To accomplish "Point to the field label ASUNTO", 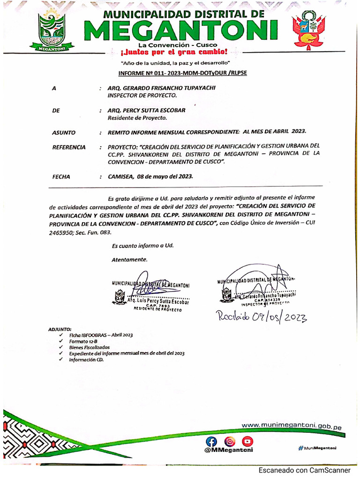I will pos(63,133).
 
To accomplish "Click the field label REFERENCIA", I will pos(68,147).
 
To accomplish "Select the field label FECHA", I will pos(61,177).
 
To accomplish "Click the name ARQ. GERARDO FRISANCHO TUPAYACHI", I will pos(156,88).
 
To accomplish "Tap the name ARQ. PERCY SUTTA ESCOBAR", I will pos(146,111).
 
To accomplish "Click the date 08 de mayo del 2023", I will pos(163,177).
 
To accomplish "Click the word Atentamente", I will pos(129,259).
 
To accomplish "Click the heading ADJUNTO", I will pos(60,329).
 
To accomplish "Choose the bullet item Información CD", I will pos(86,360).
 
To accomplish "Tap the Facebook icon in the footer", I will pos(212,441).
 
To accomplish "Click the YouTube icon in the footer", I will pos(247,441).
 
